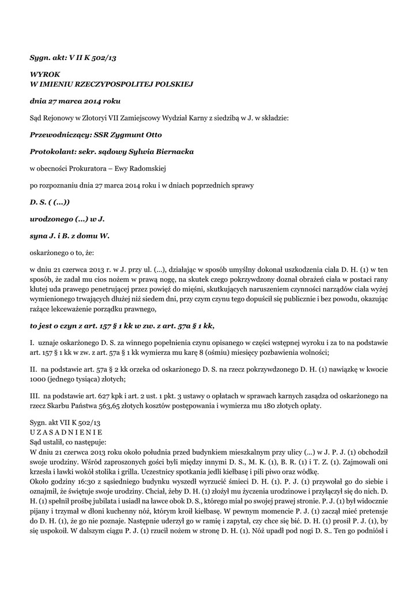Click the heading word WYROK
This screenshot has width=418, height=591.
(x=44, y=74)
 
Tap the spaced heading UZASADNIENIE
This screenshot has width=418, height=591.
(x=66, y=431)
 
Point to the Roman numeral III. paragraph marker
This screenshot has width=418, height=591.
(x=34, y=395)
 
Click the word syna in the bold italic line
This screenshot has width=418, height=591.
(x=40, y=235)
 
